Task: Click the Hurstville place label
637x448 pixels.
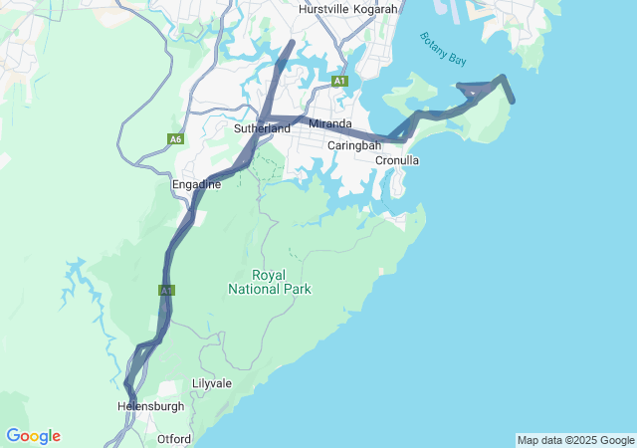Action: tap(327, 9)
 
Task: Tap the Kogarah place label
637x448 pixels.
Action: tap(379, 9)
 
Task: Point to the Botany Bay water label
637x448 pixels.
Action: tap(443, 49)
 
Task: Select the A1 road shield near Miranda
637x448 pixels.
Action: tap(340, 80)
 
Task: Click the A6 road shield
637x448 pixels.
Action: tap(176, 140)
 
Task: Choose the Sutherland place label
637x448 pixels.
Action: tap(262, 128)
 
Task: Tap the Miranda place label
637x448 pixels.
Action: tap(330, 123)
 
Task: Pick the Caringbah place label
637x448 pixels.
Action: tap(355, 145)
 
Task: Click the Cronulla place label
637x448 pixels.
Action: tap(397, 160)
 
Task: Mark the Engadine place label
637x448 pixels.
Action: tap(196, 184)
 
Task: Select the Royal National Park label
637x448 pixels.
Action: tap(269, 282)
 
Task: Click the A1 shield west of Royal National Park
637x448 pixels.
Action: tap(166, 291)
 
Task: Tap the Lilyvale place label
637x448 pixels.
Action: tap(211, 383)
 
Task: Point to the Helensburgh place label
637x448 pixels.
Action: tap(150, 406)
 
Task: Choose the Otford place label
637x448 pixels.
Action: tap(174, 438)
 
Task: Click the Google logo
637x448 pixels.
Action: tap(33, 436)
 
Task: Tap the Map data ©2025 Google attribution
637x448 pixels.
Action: tap(574, 440)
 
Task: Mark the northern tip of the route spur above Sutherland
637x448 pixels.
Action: tap(291, 42)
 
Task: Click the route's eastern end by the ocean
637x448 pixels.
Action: tap(513, 101)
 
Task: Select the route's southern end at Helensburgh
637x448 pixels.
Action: tap(132, 403)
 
